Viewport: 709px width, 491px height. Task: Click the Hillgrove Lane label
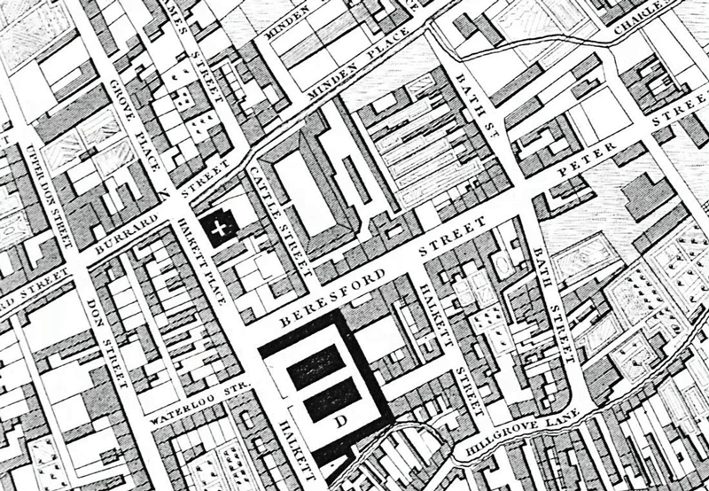point(523,435)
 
